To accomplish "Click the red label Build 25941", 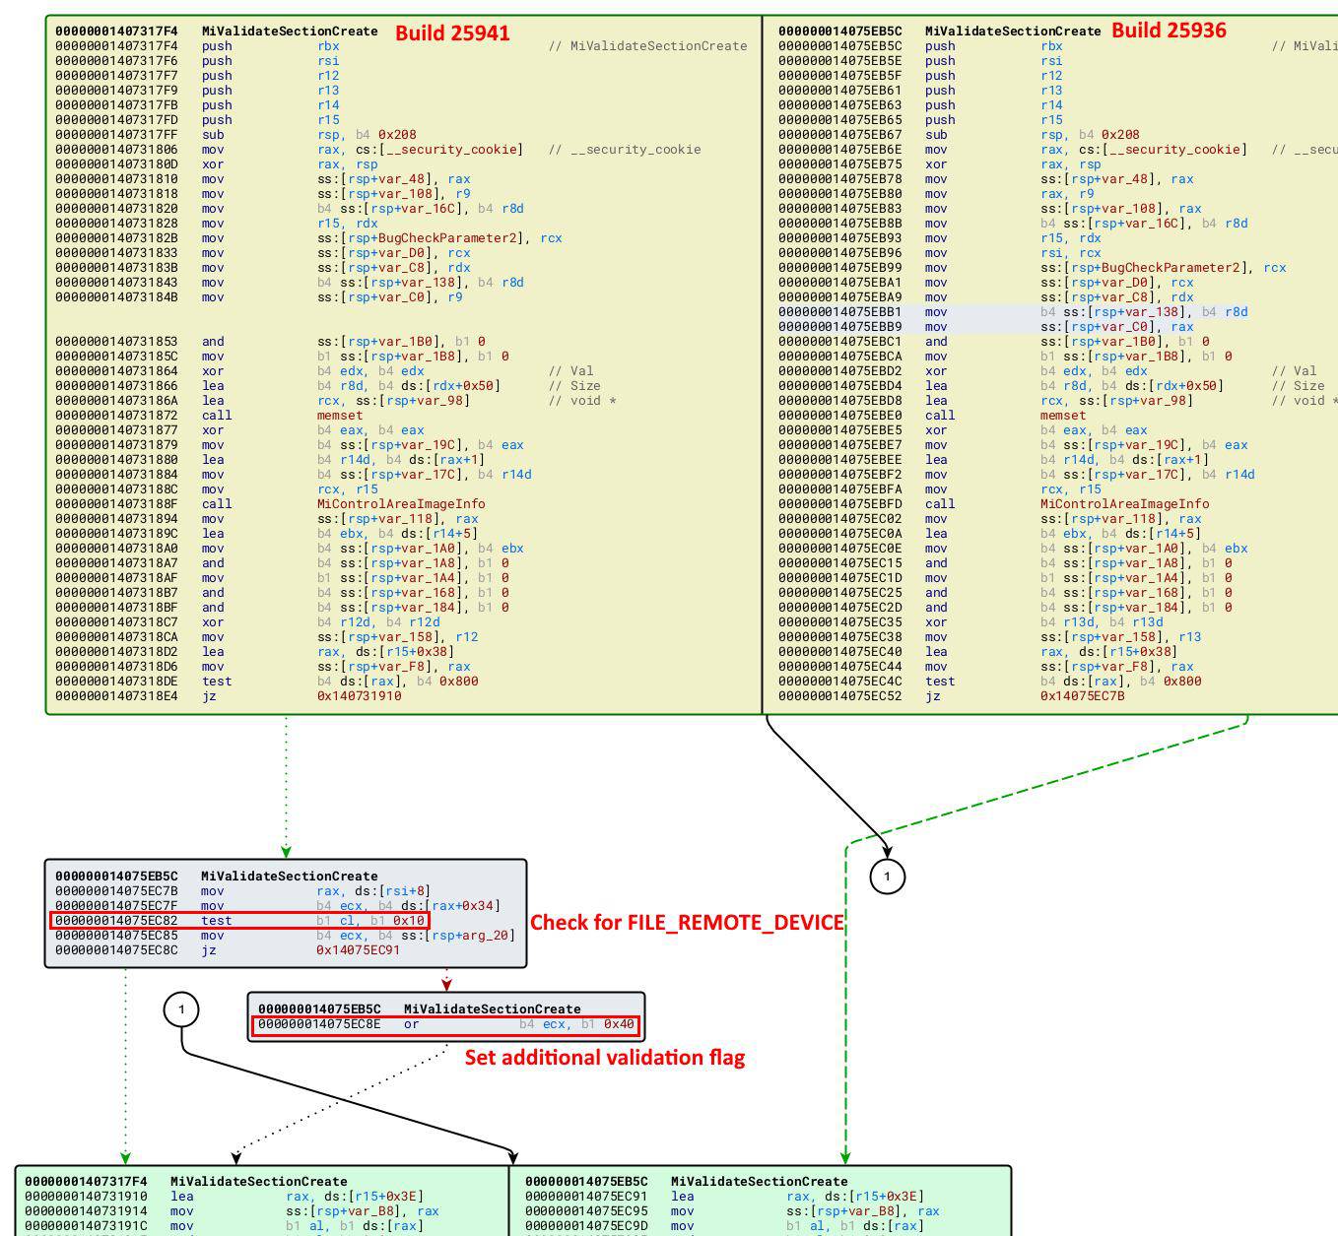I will point(452,33).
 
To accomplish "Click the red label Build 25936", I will point(1169,31).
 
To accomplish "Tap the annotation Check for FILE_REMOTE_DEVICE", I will point(687,923).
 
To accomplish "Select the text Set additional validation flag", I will point(604,1058).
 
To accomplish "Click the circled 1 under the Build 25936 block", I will point(887,877).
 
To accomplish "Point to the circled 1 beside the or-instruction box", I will point(181,1009).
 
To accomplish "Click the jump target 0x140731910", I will point(359,696).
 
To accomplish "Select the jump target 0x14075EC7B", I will point(1082,696).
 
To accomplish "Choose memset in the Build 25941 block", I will point(340,416).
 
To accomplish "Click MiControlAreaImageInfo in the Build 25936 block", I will point(1124,504).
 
